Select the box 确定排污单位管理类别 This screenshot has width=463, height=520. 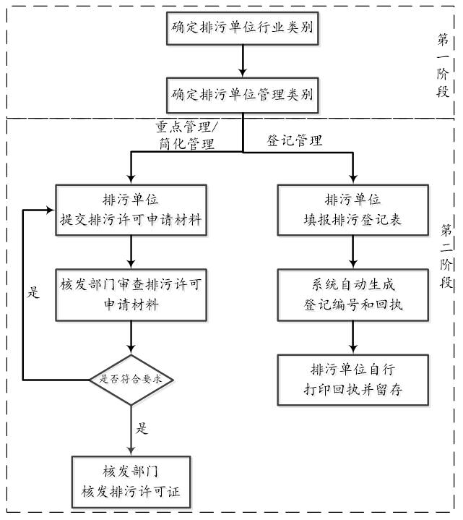(x=241, y=94)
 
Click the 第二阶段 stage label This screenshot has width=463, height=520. (x=443, y=256)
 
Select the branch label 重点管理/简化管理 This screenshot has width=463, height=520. (x=186, y=135)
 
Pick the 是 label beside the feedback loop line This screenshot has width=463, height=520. (x=33, y=294)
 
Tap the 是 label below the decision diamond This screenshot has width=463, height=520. (x=142, y=428)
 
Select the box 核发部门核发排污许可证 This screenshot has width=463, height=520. (x=131, y=482)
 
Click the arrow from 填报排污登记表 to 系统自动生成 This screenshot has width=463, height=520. (x=352, y=252)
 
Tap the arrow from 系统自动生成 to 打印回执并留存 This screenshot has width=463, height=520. (x=352, y=337)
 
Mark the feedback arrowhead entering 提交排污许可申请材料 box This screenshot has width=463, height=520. (x=51, y=210)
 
